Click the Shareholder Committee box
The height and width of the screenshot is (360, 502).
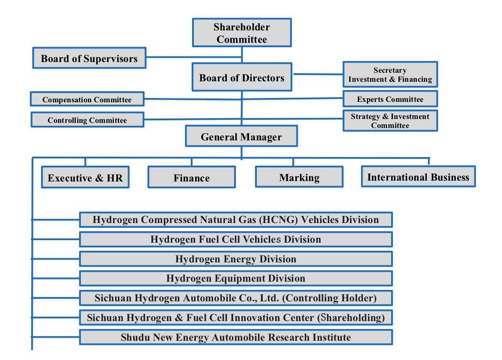point(242,33)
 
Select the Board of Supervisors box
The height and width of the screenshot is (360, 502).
point(89,58)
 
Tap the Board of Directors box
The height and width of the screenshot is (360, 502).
point(242,77)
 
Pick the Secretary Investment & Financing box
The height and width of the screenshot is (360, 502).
point(390,74)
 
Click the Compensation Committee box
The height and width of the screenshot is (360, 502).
point(87,99)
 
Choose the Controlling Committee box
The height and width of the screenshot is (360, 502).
point(87,120)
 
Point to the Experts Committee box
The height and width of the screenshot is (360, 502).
point(390,98)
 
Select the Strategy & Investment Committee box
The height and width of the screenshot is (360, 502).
point(390,121)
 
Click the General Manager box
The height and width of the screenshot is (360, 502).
point(241,136)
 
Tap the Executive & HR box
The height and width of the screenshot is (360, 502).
point(85,177)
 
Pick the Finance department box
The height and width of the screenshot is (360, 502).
point(191,177)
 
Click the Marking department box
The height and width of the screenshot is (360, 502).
point(299,177)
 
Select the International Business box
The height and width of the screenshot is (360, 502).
point(418,176)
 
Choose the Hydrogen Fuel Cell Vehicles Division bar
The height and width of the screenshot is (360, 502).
point(236,240)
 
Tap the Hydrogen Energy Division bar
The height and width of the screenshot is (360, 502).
point(236,259)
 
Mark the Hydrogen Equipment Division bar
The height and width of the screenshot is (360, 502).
point(236,278)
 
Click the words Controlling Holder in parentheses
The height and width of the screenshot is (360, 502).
point(330,298)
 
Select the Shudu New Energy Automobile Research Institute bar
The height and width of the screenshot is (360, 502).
point(236,337)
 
